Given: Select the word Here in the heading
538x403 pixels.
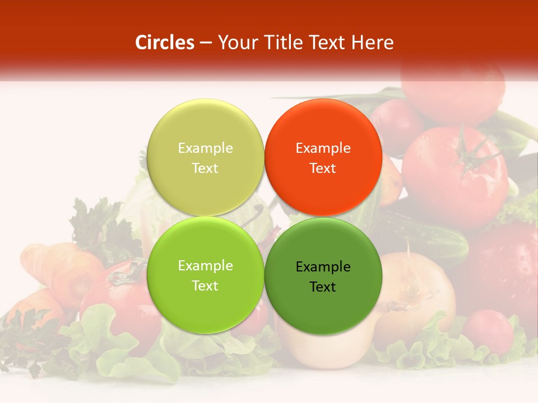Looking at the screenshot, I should coord(372,43).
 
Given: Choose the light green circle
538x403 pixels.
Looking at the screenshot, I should coord(205,275).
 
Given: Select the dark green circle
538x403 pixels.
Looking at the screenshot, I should coord(323,275).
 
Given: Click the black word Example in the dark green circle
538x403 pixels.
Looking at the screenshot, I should coord(323,267).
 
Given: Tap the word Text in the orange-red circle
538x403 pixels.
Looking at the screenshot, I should coord(323,168).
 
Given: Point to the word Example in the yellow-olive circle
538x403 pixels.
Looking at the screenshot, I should coord(205,148).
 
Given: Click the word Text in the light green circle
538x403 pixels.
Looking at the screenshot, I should coord(205,286).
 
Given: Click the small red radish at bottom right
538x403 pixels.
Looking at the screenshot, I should coord(488,331).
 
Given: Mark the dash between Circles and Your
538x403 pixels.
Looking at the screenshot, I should coord(206,43).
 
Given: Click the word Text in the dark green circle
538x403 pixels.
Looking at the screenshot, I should coord(323,287).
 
